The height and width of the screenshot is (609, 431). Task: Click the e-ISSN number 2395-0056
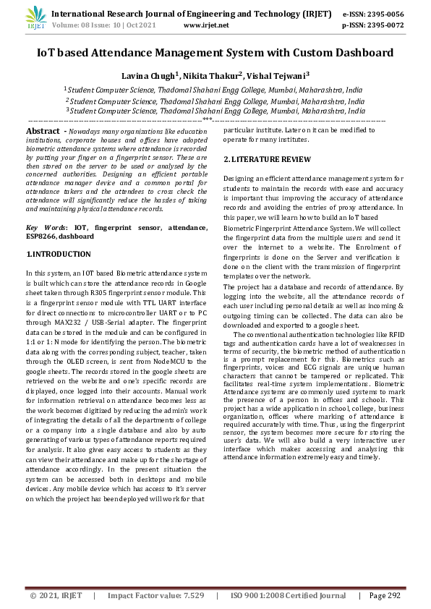tap(383, 13)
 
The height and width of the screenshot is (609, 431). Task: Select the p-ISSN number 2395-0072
tap(383, 25)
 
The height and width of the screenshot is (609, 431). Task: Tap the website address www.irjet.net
tap(206, 25)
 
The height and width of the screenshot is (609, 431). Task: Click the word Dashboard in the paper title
tap(358, 52)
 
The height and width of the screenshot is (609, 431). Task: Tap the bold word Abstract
tap(42, 130)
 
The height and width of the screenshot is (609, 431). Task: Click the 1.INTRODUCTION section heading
tap(59, 254)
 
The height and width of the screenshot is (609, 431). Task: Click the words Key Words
tap(43, 227)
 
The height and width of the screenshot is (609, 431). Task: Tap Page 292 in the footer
tap(384, 595)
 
